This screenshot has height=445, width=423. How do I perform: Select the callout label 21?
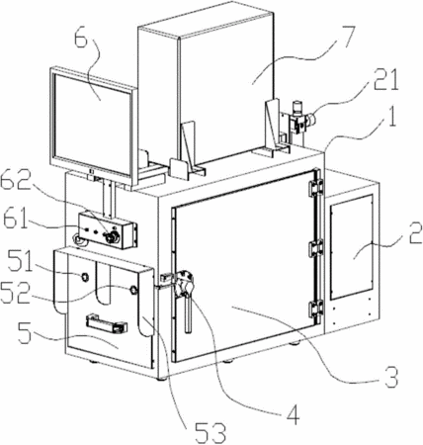coord(385,80)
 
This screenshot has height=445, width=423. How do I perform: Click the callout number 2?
coord(415,232)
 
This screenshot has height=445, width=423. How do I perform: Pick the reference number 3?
coord(391,376)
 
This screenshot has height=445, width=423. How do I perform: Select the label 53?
coord(211,432)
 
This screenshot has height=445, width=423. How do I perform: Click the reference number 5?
coord(25,333)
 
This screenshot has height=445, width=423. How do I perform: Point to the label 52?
coord(15,292)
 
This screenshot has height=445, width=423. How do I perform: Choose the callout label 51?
coord(21,260)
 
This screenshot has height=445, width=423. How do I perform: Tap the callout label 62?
coord(15,180)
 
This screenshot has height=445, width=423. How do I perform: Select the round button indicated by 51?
coord(85,277)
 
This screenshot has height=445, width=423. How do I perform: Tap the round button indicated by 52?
coord(133,290)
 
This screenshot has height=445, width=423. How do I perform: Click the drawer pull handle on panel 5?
coord(107,323)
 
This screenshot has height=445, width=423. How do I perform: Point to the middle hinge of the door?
coord(315,248)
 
